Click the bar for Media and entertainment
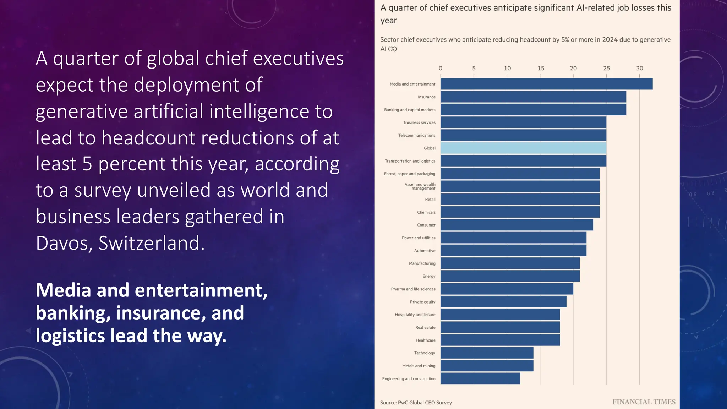pyautogui.click(x=546, y=84)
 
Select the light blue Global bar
pyautogui.click(x=523, y=148)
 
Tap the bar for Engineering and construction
pyautogui.click(x=480, y=378)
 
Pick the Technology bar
pyautogui.click(x=487, y=353)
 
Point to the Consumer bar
pyautogui.click(x=516, y=225)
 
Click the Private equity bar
pyautogui.click(x=503, y=302)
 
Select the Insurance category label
pyautogui.click(x=426, y=97)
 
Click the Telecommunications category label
pyautogui.click(x=416, y=135)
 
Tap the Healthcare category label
pyautogui.click(x=425, y=340)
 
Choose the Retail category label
pyautogui.click(x=430, y=200)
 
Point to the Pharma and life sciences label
pyautogui.click(x=413, y=289)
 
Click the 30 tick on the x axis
pyautogui.click(x=639, y=68)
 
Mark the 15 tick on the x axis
pyautogui.click(x=540, y=68)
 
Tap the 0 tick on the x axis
pyautogui.click(x=441, y=68)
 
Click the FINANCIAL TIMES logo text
pyautogui.click(x=644, y=402)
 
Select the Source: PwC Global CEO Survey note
pyautogui.click(x=416, y=403)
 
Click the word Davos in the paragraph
pyautogui.click(x=64, y=243)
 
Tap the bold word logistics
pyautogui.click(x=70, y=336)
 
